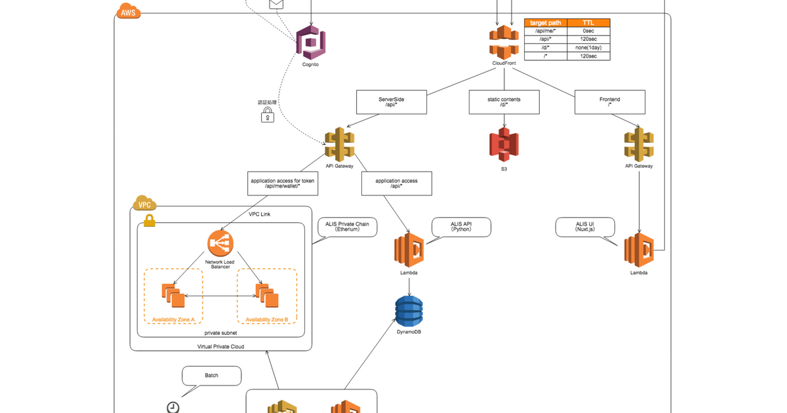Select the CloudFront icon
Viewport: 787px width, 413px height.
tap(503, 41)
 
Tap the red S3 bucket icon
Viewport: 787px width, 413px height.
tap(504, 144)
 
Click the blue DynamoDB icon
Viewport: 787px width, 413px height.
tap(409, 311)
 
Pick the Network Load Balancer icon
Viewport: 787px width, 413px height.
tap(220, 243)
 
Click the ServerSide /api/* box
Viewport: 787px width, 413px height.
tap(391, 102)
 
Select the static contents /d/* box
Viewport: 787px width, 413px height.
tap(504, 102)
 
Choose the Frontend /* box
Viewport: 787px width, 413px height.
tap(609, 102)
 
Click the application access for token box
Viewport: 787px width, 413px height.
tap(283, 183)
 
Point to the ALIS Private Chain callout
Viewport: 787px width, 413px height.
tap(347, 227)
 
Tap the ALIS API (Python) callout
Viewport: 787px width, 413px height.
tap(461, 227)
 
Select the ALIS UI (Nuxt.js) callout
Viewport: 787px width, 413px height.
tap(585, 227)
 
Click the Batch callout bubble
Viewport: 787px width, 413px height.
tap(211, 376)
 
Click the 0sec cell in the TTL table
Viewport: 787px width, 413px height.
tap(588, 31)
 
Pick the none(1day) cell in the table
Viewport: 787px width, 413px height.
tap(588, 48)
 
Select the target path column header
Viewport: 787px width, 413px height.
tap(545, 22)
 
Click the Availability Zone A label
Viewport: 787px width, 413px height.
tap(173, 319)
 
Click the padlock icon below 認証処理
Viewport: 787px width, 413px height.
tap(267, 115)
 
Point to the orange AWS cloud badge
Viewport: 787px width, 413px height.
tap(127, 12)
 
